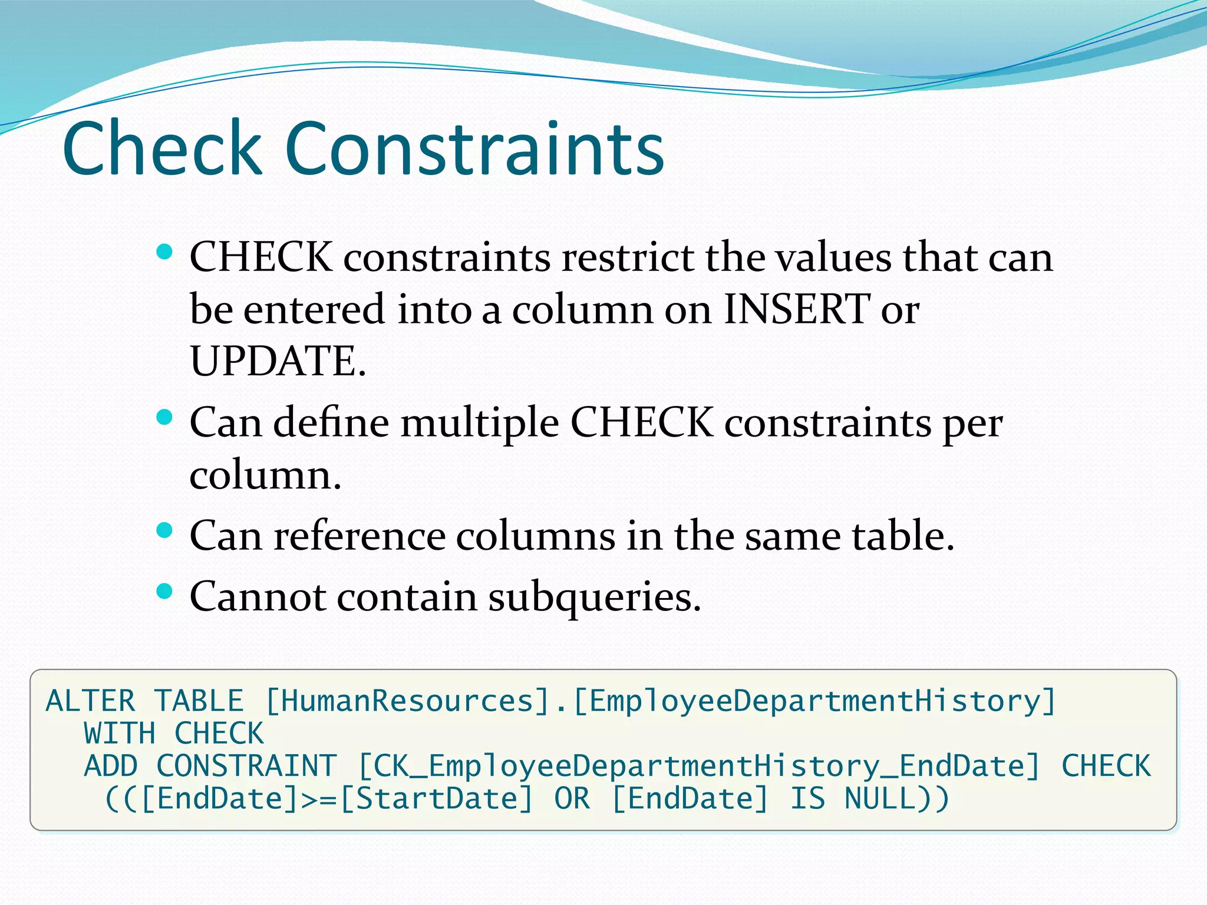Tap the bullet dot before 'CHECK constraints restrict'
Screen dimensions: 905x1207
(164, 253)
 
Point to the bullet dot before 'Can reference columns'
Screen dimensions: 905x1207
(164, 531)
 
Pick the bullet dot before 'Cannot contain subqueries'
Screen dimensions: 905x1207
(164, 591)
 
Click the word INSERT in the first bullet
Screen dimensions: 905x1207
(796, 309)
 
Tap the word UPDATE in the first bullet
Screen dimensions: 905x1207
(274, 361)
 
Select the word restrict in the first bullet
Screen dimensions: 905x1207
(627, 257)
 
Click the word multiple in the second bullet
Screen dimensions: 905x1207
(479, 423)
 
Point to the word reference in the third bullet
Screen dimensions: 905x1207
(359, 536)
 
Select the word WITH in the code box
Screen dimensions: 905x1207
(120, 734)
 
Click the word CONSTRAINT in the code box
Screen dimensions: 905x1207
(246, 767)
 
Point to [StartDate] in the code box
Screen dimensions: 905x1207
(437, 800)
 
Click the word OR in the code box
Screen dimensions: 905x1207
(572, 800)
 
